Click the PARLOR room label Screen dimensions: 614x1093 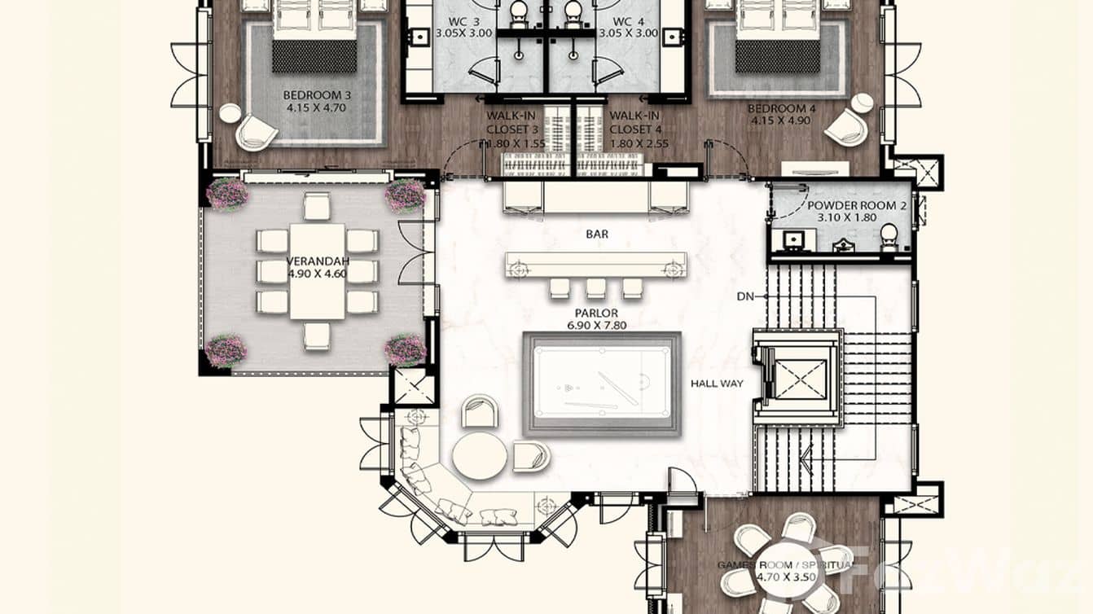pos(596,313)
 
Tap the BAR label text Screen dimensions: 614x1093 pos(597,235)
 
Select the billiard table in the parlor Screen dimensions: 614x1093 pos(601,384)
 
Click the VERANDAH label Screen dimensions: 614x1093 pos(318,261)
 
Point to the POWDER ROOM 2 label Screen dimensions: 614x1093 pos(856,206)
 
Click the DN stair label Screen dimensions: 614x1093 pos(744,297)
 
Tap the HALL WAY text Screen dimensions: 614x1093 pos(717,383)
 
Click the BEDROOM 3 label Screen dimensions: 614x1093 pos(316,94)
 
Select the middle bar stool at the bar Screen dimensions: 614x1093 pos(596,288)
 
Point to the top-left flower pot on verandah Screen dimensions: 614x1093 pos(227,195)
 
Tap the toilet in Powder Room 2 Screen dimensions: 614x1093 pos(889,235)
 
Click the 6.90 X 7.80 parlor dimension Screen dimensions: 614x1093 pos(596,326)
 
